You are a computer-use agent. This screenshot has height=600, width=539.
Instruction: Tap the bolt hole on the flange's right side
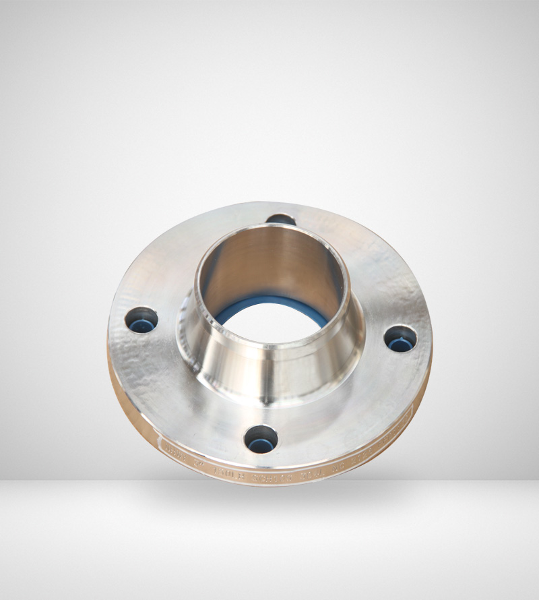[400, 338]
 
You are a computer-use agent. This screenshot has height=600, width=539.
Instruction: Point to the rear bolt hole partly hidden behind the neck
[282, 220]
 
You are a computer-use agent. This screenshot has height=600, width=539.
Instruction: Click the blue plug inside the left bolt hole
[141, 326]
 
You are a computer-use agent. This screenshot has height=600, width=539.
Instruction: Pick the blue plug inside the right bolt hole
[400, 344]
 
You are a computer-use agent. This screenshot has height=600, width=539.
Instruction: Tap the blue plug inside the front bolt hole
[261, 445]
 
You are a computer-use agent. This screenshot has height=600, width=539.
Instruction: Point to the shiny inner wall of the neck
[269, 266]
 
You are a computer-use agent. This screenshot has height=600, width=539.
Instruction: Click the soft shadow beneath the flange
[269, 499]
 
